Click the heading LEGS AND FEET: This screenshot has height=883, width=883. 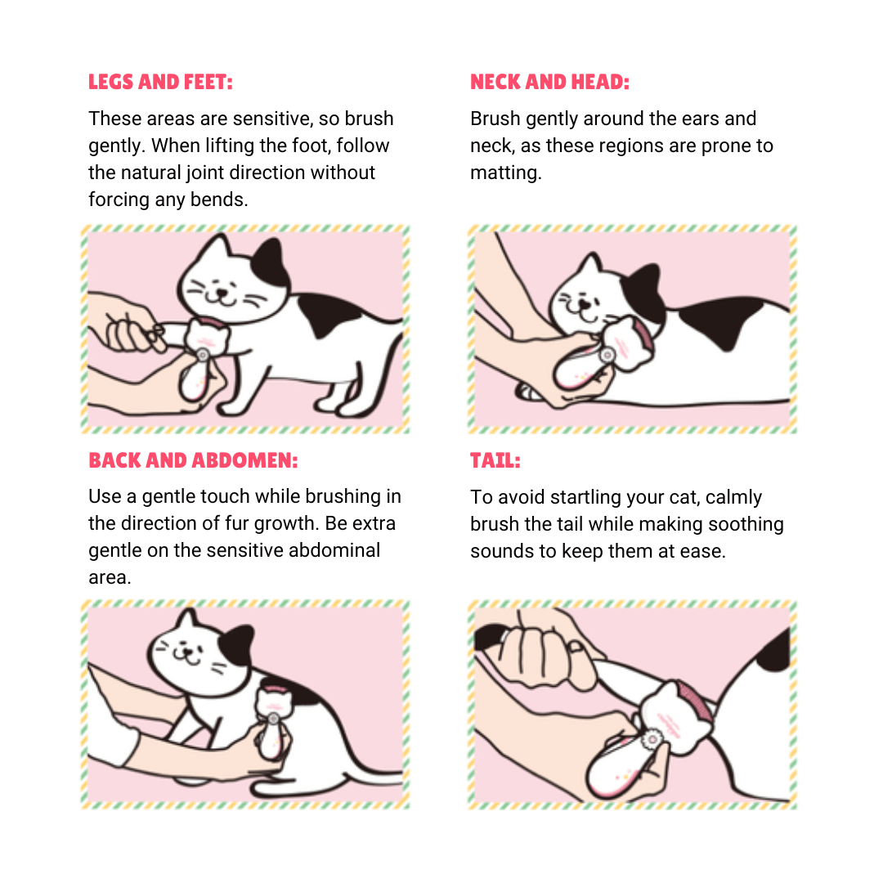(x=160, y=83)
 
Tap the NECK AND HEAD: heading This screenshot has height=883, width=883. (x=549, y=83)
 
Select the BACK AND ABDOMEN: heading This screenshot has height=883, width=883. (x=193, y=460)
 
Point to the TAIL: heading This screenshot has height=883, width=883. (x=495, y=460)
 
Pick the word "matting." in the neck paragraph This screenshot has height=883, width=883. (x=506, y=173)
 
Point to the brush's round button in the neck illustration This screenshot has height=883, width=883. (x=607, y=356)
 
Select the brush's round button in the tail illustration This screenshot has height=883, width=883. (x=652, y=738)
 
